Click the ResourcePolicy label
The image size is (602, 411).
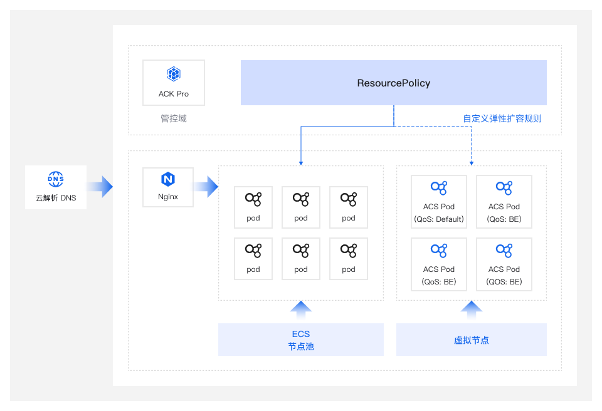394,83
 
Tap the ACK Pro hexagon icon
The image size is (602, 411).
174,74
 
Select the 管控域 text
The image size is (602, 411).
174,118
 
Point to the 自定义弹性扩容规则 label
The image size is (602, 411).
502,118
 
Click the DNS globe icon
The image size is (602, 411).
56,179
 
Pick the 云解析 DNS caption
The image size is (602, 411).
56,197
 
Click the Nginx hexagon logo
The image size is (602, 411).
168,179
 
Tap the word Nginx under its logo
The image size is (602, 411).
168,197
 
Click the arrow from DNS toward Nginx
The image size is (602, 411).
100,186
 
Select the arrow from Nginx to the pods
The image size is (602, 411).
206,186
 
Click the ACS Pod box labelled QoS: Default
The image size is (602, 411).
439,201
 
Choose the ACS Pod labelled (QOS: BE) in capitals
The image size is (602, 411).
504,264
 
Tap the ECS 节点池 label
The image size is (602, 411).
301,340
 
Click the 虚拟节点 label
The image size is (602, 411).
472,340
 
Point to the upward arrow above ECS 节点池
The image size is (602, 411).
301,309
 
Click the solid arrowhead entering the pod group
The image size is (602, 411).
301,163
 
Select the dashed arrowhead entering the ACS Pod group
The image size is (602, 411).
472,163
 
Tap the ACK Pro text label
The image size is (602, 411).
174,94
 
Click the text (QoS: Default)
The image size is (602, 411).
439,219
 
